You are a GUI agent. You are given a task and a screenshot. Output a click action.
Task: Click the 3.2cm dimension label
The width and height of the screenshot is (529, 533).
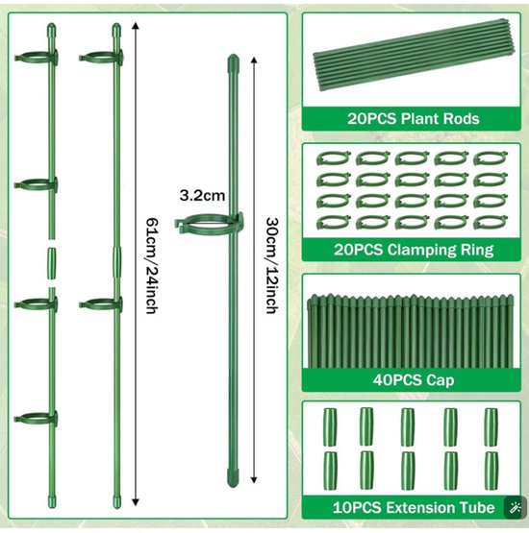tap(202, 196)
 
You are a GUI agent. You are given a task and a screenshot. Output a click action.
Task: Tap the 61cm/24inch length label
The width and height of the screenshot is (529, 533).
tap(152, 266)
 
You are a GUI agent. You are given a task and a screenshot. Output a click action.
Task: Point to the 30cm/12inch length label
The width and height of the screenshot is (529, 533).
tap(272, 265)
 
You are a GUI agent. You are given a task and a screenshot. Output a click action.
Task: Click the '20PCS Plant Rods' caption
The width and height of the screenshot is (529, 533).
tap(413, 119)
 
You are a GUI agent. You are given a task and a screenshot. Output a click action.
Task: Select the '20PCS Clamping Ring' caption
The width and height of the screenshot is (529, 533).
tap(414, 250)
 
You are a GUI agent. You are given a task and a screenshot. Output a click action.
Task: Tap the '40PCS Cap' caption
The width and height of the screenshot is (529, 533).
tap(414, 379)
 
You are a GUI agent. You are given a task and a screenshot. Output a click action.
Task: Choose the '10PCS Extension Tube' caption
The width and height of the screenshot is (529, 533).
tap(414, 507)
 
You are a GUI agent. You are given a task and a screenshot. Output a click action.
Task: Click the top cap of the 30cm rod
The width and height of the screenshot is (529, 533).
tap(233, 61)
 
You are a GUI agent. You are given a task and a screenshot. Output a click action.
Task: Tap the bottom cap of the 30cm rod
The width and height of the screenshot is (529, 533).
tap(233, 478)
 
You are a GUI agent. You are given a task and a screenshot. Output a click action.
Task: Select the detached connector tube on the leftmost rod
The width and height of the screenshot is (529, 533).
tap(51, 263)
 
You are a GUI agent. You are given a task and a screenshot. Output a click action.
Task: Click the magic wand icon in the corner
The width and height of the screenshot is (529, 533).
tap(514, 508)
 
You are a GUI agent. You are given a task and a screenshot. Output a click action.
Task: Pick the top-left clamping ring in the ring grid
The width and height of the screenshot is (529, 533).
tap(333, 158)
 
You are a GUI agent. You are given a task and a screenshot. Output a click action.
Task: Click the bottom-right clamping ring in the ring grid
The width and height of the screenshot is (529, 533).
tap(491, 222)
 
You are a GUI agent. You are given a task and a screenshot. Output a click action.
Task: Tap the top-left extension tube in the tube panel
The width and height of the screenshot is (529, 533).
tap(330, 427)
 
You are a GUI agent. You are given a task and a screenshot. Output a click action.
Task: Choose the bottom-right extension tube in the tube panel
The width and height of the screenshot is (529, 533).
tap(491, 471)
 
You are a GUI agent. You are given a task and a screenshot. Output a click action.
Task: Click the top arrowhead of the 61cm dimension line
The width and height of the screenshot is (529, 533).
tap(136, 26)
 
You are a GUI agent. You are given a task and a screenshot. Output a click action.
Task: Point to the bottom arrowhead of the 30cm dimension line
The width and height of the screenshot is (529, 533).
tap(254, 479)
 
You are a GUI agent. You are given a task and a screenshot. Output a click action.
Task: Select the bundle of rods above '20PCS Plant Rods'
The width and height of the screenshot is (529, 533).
tap(414, 55)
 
